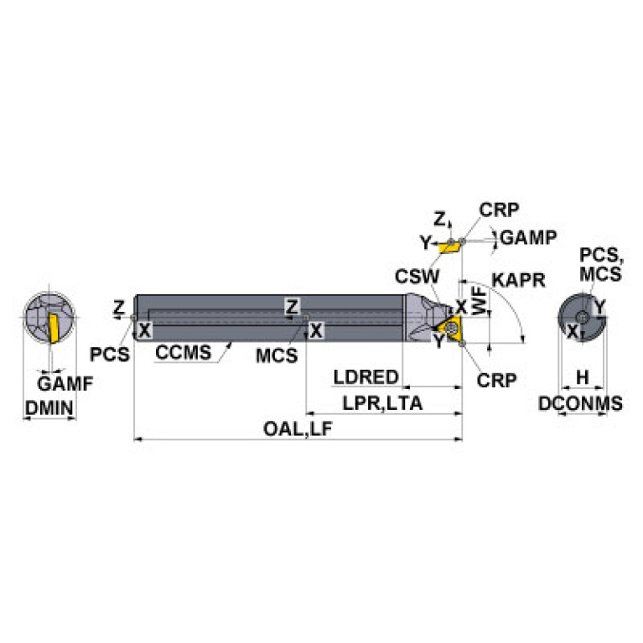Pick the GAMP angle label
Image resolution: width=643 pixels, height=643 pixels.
click(528, 237)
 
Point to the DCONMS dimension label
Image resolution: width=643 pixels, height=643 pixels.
click(580, 404)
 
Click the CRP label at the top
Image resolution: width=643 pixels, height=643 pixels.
click(500, 210)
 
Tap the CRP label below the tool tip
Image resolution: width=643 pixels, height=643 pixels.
click(497, 379)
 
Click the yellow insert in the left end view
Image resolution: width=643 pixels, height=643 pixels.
click(53, 325)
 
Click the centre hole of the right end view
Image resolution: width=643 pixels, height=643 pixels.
click(581, 316)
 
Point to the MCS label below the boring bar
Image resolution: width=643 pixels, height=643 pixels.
click(277, 355)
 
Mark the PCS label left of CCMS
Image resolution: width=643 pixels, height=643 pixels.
click(111, 354)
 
